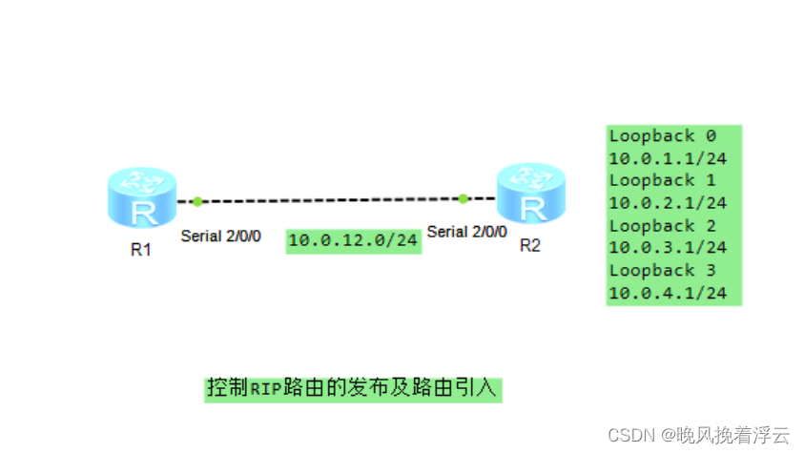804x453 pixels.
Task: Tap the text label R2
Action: pos(530,245)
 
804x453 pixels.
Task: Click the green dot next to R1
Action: pos(197,201)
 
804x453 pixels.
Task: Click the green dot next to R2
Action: pos(463,198)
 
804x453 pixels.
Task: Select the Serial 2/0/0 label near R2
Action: pos(467,231)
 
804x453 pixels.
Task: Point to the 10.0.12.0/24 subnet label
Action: pos(353,240)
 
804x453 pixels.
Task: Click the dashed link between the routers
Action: pos(329,200)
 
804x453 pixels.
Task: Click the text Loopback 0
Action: pos(662,135)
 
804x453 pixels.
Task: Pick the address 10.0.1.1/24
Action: pos(668,158)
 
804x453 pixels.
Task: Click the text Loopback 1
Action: pos(662,180)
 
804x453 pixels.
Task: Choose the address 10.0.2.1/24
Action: pos(668,203)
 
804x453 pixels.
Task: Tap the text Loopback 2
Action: pos(662,226)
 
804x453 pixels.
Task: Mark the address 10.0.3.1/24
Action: pos(668,248)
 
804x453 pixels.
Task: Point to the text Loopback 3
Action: pos(662,271)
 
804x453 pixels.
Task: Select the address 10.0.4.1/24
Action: pos(668,294)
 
